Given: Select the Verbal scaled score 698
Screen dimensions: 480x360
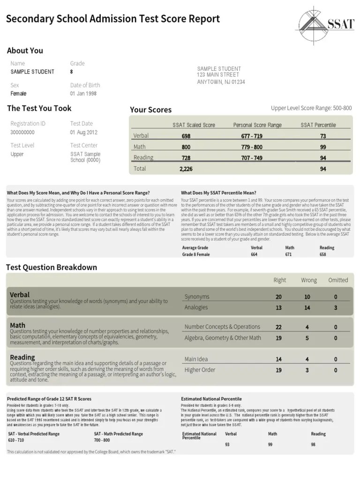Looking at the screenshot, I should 186,136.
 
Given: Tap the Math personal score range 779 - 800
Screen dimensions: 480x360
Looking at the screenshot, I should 252,147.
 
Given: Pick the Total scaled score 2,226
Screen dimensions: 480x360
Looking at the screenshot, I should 186,169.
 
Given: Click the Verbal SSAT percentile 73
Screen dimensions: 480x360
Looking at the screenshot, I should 323,136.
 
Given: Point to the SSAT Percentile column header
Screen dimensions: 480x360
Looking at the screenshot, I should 318,125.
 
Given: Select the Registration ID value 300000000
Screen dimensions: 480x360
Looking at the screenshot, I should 22,132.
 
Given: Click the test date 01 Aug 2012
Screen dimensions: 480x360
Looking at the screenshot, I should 84,132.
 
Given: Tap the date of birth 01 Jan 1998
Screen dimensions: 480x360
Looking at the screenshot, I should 83,94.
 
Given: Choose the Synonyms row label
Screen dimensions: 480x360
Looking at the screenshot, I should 197,297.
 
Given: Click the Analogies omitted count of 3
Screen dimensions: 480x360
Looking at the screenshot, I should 336,307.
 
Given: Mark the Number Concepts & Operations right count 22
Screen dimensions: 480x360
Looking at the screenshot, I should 278,327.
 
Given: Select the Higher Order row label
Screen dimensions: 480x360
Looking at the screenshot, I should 200,370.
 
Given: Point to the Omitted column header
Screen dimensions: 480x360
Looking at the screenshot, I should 338,280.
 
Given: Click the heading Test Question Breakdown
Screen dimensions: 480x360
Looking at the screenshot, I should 52,267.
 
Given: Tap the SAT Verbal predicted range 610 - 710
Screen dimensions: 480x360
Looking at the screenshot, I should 16,440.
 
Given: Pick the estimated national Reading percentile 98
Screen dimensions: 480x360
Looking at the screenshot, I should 314,444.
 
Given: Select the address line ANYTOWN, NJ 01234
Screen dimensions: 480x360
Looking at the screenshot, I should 221,82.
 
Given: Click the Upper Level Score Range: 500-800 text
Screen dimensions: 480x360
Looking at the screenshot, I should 311,108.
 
